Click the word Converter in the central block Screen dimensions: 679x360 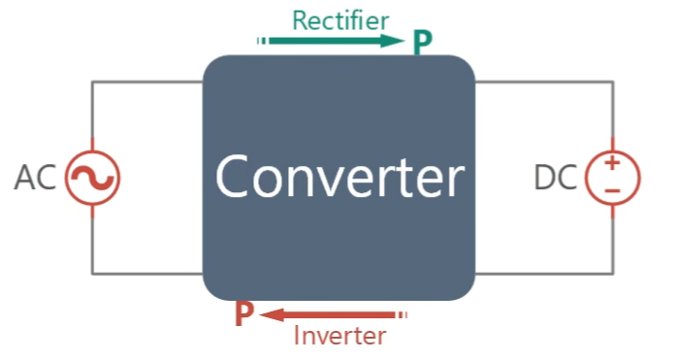pyautogui.click(x=339, y=177)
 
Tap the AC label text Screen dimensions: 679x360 pyautogui.click(x=35, y=178)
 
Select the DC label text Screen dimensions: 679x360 pyautogui.click(x=556, y=178)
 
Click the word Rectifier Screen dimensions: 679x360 pyautogui.click(x=340, y=20)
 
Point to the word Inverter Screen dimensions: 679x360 pyautogui.click(x=339, y=336)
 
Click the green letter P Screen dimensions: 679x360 pyautogui.click(x=423, y=43)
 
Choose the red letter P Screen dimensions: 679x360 pyautogui.click(x=244, y=313)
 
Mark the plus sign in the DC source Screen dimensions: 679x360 pyautogui.click(x=612, y=163)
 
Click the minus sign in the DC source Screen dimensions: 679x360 pyautogui.click(x=612, y=190)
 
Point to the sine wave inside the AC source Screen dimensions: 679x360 pyautogui.click(x=93, y=178)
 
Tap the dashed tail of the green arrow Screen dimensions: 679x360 pyautogui.click(x=263, y=41)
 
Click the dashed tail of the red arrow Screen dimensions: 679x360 pyautogui.click(x=402, y=315)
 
